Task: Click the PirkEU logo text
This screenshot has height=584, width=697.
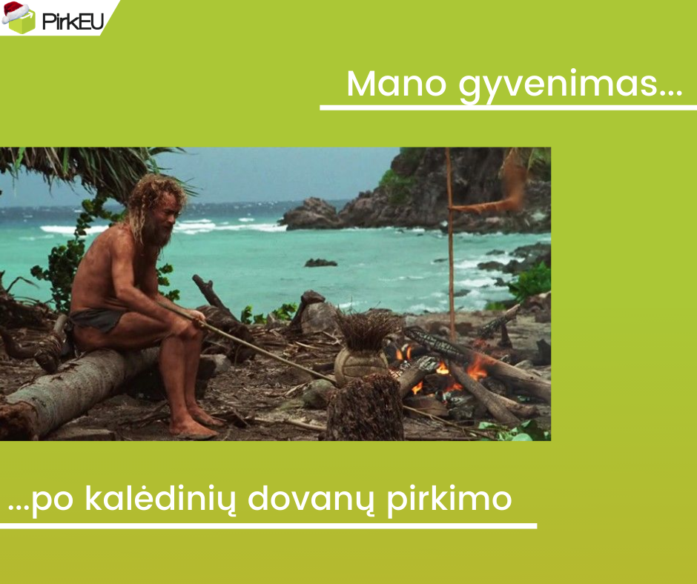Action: (x=72, y=19)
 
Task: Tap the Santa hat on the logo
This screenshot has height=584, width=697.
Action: (x=15, y=10)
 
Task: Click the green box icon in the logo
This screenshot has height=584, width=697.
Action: (x=22, y=24)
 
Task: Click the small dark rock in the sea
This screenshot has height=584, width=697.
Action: (x=320, y=262)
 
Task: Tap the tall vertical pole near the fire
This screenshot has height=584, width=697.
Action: (x=449, y=245)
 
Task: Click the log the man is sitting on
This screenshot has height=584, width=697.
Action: (x=74, y=385)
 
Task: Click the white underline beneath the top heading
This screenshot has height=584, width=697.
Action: (x=508, y=108)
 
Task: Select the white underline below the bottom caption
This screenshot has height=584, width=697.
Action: (x=268, y=526)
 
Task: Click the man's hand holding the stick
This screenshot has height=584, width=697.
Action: (x=198, y=319)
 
